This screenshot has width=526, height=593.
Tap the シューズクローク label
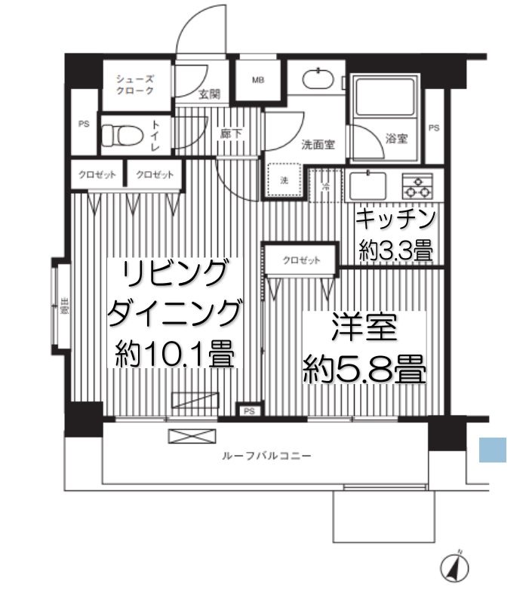click(135, 84)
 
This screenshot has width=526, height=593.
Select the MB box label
click(258, 80)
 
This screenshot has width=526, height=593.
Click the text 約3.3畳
click(396, 252)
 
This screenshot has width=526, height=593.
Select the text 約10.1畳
click(174, 355)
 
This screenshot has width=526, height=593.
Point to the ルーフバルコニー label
click(266, 456)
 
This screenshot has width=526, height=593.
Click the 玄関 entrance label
click(209, 94)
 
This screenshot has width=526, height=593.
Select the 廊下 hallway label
click(230, 133)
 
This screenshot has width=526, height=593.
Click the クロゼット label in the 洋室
click(301, 260)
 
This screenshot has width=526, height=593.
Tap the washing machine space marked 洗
click(285, 180)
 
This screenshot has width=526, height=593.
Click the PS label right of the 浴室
click(433, 128)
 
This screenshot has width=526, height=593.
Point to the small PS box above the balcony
click(248, 411)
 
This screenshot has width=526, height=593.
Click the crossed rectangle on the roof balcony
click(185, 435)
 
